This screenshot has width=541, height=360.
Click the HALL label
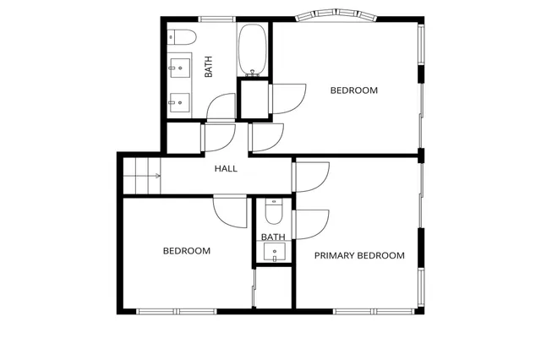point(226,169)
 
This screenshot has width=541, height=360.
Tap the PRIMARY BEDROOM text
point(359,255)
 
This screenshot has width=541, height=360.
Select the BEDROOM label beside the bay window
point(353,90)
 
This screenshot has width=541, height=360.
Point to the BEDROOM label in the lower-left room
point(186,251)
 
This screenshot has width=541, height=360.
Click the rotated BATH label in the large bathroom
point(208,67)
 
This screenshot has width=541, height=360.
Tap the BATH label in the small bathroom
point(273,237)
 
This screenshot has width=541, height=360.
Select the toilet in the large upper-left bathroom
point(180,37)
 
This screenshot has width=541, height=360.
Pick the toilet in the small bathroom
point(274,208)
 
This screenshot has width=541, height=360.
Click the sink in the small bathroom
point(274,251)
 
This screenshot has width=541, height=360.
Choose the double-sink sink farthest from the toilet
point(180,102)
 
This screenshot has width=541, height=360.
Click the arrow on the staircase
point(157,176)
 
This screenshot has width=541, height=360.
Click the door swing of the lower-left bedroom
point(228,210)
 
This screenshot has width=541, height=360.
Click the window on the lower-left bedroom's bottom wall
point(176,311)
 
